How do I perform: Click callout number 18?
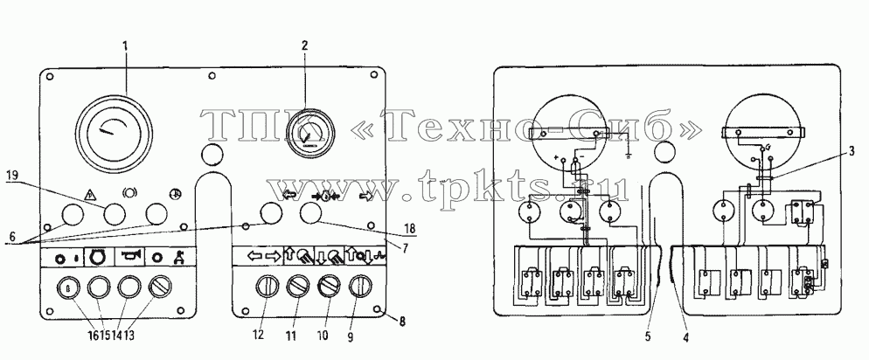[411, 228]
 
